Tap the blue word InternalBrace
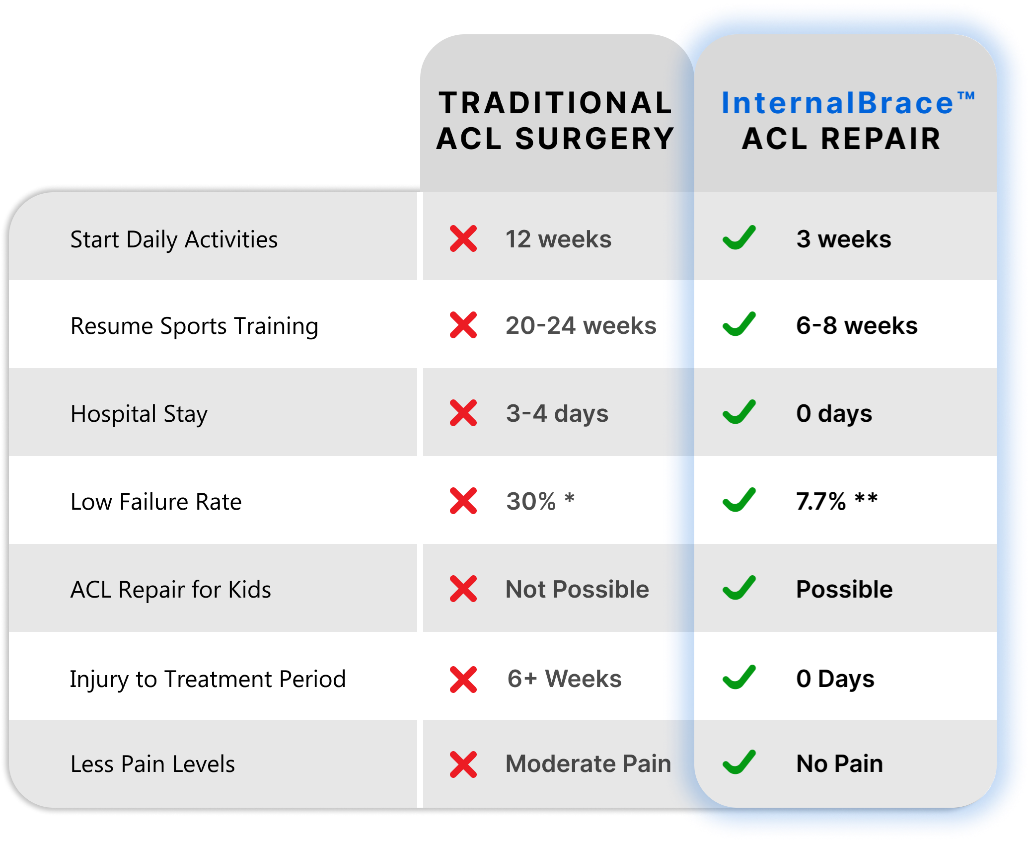(x=837, y=103)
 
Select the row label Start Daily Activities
(x=174, y=239)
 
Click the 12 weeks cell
(x=558, y=239)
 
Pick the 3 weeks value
(x=843, y=239)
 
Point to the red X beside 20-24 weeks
(x=463, y=325)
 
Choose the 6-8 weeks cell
(x=857, y=326)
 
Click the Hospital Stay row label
(x=139, y=414)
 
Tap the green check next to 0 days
(x=739, y=412)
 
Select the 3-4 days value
(x=557, y=414)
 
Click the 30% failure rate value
(x=531, y=501)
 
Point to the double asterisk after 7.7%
(x=866, y=498)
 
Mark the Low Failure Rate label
(x=156, y=502)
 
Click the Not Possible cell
(x=577, y=590)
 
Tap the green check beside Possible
(x=739, y=588)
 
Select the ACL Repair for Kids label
(x=171, y=590)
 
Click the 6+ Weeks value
(x=564, y=679)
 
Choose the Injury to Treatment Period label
(x=208, y=679)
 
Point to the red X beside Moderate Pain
(x=463, y=765)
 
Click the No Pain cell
(x=839, y=764)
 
